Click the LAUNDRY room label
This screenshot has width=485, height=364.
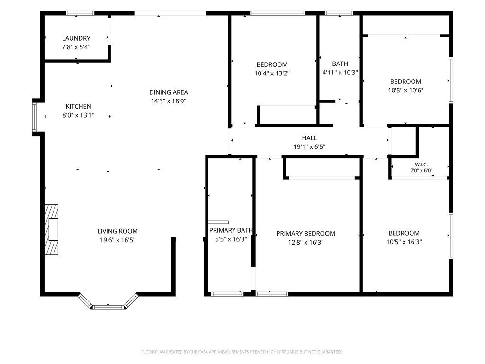click(x=76, y=38)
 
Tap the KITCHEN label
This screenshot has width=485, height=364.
click(x=78, y=107)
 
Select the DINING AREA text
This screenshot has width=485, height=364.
click(x=169, y=92)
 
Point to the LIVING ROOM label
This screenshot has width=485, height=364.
click(x=117, y=231)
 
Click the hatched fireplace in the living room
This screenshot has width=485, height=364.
click(x=51, y=230)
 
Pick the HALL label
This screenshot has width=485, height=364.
click(x=309, y=138)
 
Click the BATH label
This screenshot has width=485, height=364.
click(x=340, y=64)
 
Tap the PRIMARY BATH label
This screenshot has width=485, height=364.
click(x=231, y=230)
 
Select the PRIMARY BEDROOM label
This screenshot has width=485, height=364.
click(x=305, y=233)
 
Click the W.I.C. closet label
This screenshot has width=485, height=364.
click(x=421, y=164)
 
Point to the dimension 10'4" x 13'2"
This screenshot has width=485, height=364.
click(x=272, y=73)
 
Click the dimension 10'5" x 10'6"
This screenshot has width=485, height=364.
click(x=405, y=91)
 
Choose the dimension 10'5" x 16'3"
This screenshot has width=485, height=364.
click(x=404, y=242)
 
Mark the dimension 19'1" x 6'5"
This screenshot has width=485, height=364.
click(x=309, y=147)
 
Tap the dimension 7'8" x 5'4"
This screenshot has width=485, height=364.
click(x=76, y=47)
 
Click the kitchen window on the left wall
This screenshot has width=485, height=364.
click(x=35, y=117)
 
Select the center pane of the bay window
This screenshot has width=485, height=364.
click(x=108, y=307)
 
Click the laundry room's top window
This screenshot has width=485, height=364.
click(x=80, y=13)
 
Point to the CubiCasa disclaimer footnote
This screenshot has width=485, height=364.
click(x=242, y=352)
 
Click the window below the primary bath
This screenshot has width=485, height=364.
click(x=227, y=294)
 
